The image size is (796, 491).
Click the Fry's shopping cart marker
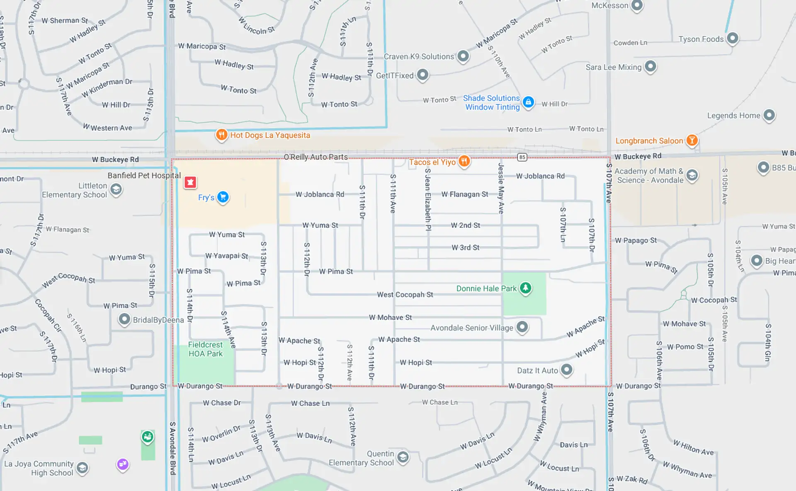(x=223, y=197)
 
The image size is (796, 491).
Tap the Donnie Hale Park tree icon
(x=525, y=288)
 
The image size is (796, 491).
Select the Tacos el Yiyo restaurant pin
(x=464, y=161)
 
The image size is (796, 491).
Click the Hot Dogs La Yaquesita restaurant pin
(x=221, y=135)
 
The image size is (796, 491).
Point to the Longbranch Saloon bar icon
(x=692, y=140)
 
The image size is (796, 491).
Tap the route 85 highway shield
(x=522, y=157)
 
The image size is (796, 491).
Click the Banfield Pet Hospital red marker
(x=190, y=182)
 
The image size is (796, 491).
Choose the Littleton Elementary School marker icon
(x=116, y=190)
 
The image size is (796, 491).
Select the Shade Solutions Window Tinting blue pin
(x=528, y=102)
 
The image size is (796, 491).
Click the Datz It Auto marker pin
(x=566, y=369)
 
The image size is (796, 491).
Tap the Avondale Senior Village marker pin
(x=522, y=327)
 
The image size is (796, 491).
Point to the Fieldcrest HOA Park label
(x=205, y=349)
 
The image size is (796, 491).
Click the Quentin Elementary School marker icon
(x=403, y=457)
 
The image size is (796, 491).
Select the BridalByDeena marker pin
(x=124, y=319)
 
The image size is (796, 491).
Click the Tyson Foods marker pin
(x=733, y=38)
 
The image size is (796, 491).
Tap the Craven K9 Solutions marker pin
(x=463, y=55)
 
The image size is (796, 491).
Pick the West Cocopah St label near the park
(x=405, y=294)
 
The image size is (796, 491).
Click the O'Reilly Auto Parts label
(x=315, y=157)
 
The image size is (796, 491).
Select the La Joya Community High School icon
(x=82, y=468)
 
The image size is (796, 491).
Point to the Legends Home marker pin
(x=769, y=115)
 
